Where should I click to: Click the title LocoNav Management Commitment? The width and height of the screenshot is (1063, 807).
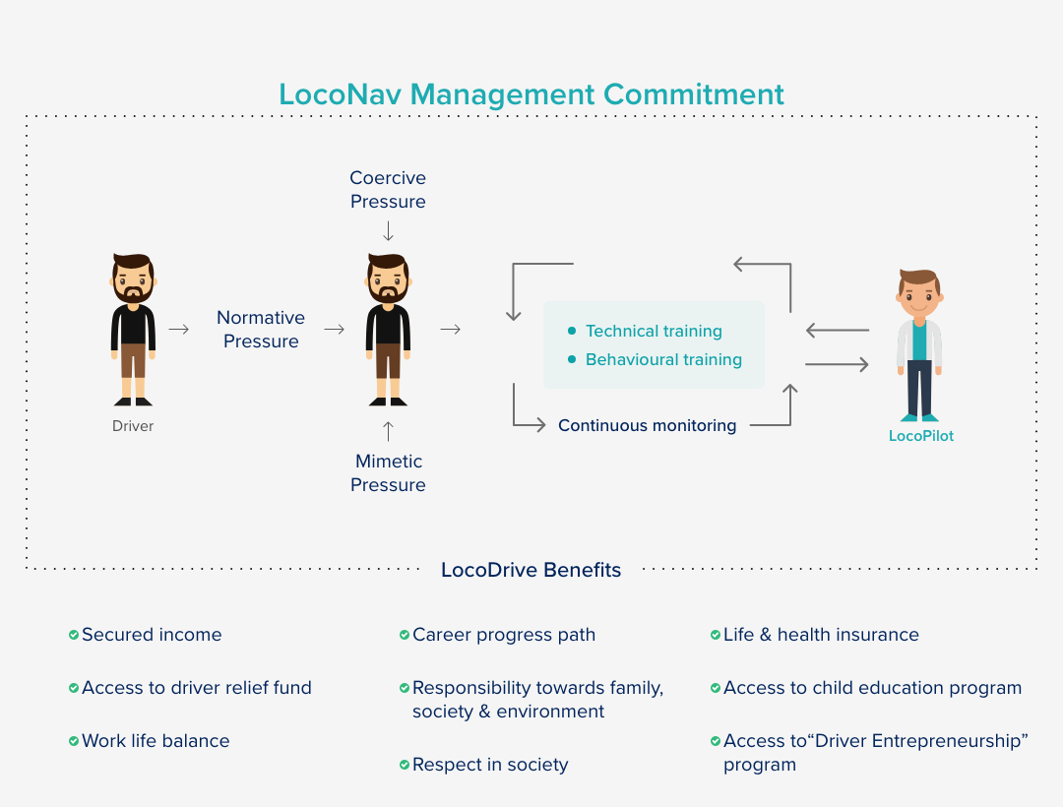coord(531,94)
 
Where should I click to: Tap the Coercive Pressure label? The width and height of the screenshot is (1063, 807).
coord(388,190)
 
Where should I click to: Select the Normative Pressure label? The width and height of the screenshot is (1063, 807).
coord(261,330)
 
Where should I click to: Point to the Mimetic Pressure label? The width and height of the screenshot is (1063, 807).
coord(388,473)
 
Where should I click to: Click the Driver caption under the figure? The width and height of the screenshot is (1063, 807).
coord(133,426)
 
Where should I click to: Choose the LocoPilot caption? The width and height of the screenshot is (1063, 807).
coord(920,436)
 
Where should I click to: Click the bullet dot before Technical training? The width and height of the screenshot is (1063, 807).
coord(572,331)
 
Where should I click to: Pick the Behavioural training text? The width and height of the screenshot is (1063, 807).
coord(663,360)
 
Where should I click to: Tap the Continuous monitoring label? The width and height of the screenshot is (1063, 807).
coord(647,425)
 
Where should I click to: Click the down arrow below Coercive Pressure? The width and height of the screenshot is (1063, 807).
coord(388,231)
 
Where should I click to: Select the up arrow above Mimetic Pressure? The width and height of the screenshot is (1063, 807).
coord(388,431)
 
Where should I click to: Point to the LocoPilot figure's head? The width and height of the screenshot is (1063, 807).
coord(919,292)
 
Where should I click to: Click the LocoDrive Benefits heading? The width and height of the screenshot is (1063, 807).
coord(531,570)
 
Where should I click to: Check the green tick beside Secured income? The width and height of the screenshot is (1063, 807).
coord(73,635)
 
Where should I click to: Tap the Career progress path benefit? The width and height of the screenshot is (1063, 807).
coord(504,635)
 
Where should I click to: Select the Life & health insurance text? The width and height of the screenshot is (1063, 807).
coord(821,635)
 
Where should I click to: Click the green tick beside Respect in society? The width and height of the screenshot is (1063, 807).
coord(405,765)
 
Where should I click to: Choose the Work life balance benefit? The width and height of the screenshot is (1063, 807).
coord(156,741)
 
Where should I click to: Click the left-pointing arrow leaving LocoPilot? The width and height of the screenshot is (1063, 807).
coord(838,330)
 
